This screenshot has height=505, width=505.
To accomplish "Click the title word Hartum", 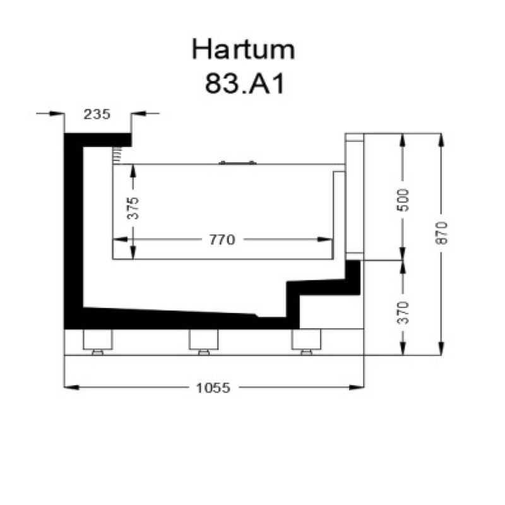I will tap(243, 50).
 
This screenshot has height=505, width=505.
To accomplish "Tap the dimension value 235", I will tap(97, 114).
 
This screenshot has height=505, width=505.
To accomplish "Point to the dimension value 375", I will tap(133, 208).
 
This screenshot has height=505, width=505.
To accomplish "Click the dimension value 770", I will tap(222, 240).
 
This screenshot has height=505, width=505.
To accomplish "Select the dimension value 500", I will tap(404, 199).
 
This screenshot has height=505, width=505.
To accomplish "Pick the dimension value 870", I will tap(441, 233).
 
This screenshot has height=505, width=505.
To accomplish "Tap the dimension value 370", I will tap(404, 312).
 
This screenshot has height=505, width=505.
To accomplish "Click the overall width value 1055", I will tap(213, 387).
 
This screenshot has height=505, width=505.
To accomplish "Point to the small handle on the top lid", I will tap(237, 162).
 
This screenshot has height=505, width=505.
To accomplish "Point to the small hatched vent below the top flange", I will tap(117, 155).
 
